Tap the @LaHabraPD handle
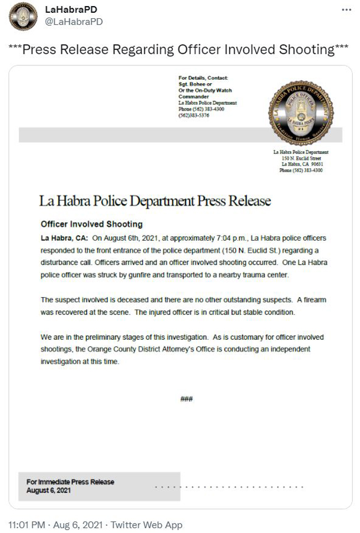point(74,22)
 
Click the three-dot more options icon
point(347,10)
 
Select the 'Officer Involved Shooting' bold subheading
point(92,224)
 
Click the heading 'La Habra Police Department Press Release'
point(155,200)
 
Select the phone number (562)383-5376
point(194,115)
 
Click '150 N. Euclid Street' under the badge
point(302,158)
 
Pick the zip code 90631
point(316,164)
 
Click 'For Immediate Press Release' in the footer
point(70,482)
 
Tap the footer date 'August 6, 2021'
point(49,490)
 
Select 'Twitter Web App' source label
point(146,525)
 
